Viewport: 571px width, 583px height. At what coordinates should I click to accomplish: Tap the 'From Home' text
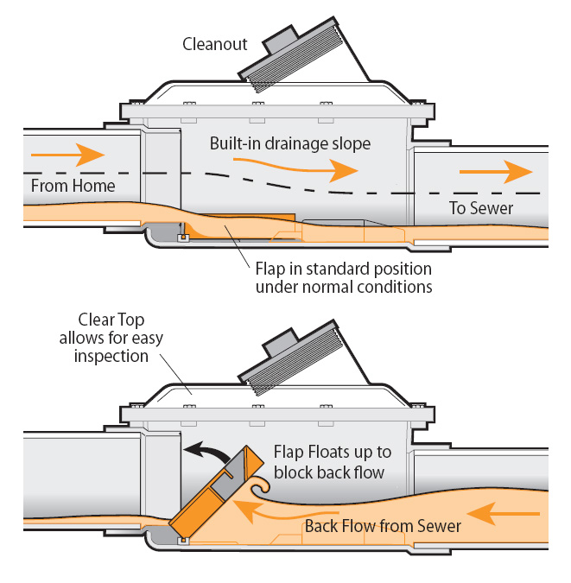pyautogui.click(x=73, y=186)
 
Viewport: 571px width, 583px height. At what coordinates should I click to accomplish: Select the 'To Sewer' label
pyautogui.click(x=480, y=208)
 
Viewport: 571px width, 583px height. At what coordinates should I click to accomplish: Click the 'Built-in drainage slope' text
pyautogui.click(x=290, y=143)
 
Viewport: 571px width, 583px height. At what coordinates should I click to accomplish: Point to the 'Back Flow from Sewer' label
pyautogui.click(x=381, y=526)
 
